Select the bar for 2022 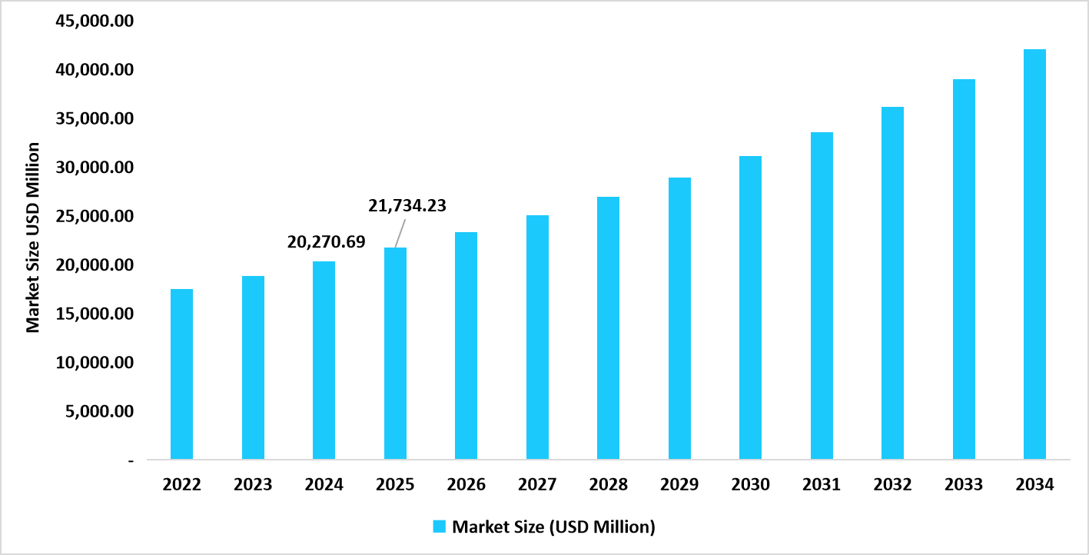click(x=181, y=374)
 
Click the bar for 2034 click(x=1034, y=254)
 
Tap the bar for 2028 click(x=608, y=328)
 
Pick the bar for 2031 click(x=822, y=296)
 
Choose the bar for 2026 click(x=466, y=346)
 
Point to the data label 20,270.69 click(x=326, y=241)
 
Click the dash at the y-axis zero click(x=131, y=460)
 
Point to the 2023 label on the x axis click(x=253, y=485)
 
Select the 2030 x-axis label click(x=750, y=485)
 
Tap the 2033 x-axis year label click(x=964, y=485)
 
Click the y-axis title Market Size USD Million click(x=33, y=237)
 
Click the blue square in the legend click(x=440, y=527)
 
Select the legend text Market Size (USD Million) click(x=553, y=527)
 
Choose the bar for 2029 click(x=679, y=318)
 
